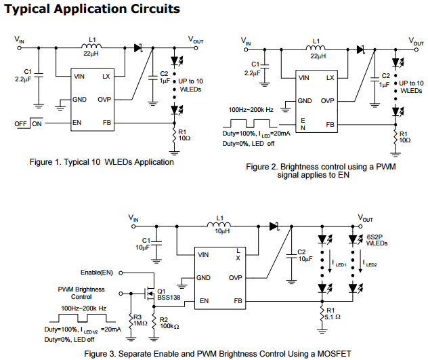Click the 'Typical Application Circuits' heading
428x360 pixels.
click(x=91, y=9)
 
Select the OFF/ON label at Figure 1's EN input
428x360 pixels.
click(x=28, y=123)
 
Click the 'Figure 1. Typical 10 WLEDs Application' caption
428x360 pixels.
click(x=102, y=162)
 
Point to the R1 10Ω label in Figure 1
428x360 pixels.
click(x=184, y=135)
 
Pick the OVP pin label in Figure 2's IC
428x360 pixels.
click(x=328, y=101)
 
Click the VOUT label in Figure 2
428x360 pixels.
click(x=416, y=41)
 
